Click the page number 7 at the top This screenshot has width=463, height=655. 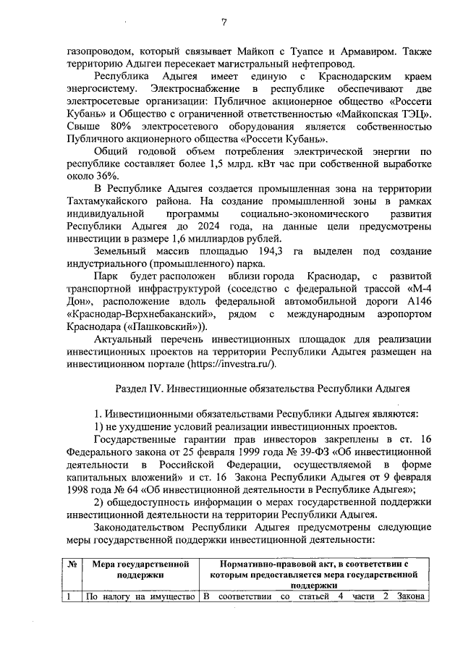tap(224, 22)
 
